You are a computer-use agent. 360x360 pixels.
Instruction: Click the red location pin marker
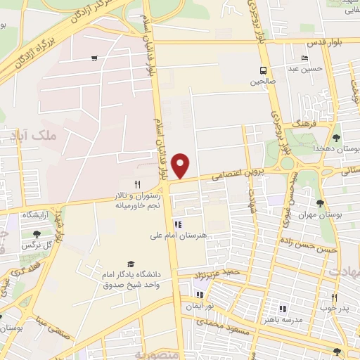(181, 165)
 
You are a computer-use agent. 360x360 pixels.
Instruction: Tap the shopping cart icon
(94, 58)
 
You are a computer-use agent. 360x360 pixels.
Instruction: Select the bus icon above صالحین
(263, 70)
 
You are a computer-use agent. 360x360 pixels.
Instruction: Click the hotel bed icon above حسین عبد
(304, 58)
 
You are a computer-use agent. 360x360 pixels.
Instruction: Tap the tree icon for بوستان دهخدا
(337, 137)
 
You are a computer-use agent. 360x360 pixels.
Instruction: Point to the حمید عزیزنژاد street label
(221, 271)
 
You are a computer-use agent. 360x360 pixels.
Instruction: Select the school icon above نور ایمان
(200, 295)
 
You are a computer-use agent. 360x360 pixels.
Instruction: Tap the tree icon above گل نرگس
(36, 234)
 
